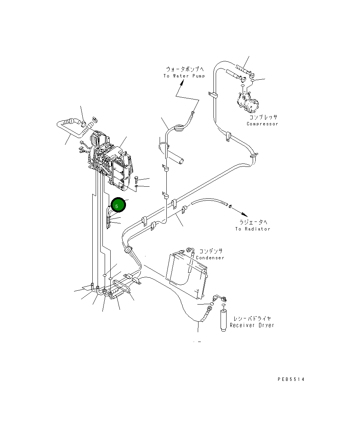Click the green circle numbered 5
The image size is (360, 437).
[117, 206]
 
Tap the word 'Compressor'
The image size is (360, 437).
[262, 124]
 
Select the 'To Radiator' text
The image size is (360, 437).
[253, 229]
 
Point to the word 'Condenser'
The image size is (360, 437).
[210, 258]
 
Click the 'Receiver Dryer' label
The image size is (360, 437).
[252, 326]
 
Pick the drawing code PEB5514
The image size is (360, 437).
[291, 379]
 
